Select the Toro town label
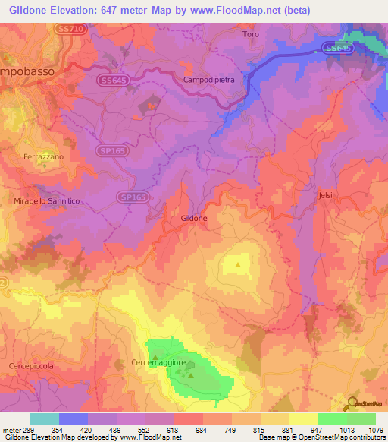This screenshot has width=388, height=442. (250, 35)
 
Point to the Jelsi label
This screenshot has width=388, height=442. (326, 195)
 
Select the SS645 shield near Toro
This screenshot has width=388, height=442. (337, 48)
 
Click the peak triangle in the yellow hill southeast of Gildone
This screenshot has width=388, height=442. (238, 264)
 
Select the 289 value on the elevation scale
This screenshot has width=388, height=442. (30, 431)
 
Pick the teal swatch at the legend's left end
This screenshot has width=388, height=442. (44, 418)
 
